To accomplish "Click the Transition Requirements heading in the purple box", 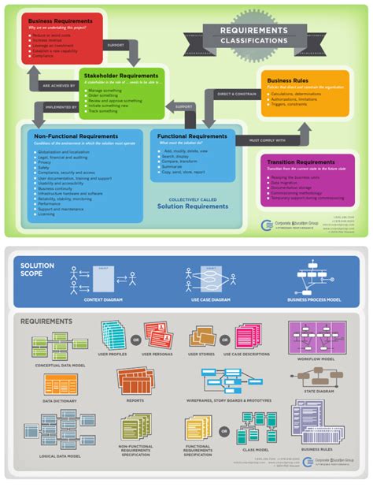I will (301, 162).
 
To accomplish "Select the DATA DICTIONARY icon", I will (61, 385).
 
